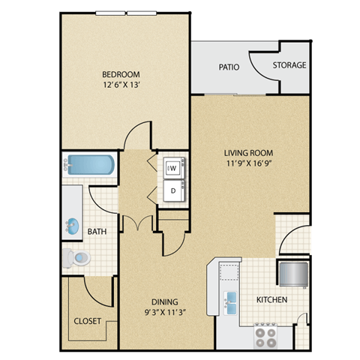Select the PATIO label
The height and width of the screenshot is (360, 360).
(x=229, y=66)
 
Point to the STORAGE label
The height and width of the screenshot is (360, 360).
(x=289, y=65)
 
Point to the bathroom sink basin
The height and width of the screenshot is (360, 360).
(x=73, y=224)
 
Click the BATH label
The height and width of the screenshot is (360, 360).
(x=97, y=232)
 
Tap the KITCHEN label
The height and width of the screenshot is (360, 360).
(x=272, y=300)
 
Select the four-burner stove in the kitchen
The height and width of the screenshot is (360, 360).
(x=265, y=333)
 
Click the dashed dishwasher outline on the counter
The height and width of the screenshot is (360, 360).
(x=228, y=271)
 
